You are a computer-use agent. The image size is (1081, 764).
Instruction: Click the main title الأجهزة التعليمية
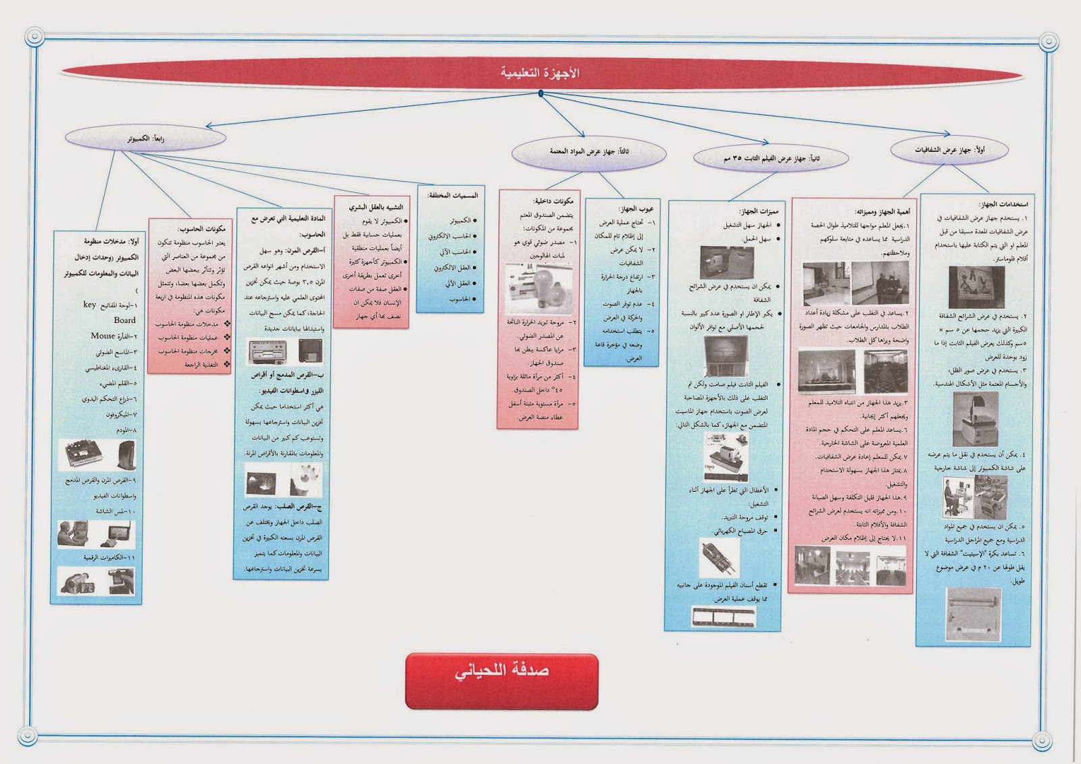pos(540,73)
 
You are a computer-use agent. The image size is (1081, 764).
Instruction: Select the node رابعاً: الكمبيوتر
pos(145,138)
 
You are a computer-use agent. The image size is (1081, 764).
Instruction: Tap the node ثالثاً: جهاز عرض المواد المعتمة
pos(588,152)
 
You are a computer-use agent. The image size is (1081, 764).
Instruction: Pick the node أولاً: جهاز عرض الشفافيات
pos(949,150)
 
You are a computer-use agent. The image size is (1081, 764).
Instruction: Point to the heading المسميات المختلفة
pos(453,195)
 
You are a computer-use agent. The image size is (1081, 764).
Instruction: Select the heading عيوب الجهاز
pos(636,209)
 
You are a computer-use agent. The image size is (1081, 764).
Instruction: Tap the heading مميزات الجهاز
pos(758,211)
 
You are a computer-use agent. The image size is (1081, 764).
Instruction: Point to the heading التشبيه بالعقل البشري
pos(376,207)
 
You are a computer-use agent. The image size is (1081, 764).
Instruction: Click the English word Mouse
pos(103,336)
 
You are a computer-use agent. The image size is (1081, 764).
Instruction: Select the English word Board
pos(124,320)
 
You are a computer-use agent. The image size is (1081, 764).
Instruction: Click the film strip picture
pos(723,616)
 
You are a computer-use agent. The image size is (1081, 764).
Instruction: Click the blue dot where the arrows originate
pos(540,93)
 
